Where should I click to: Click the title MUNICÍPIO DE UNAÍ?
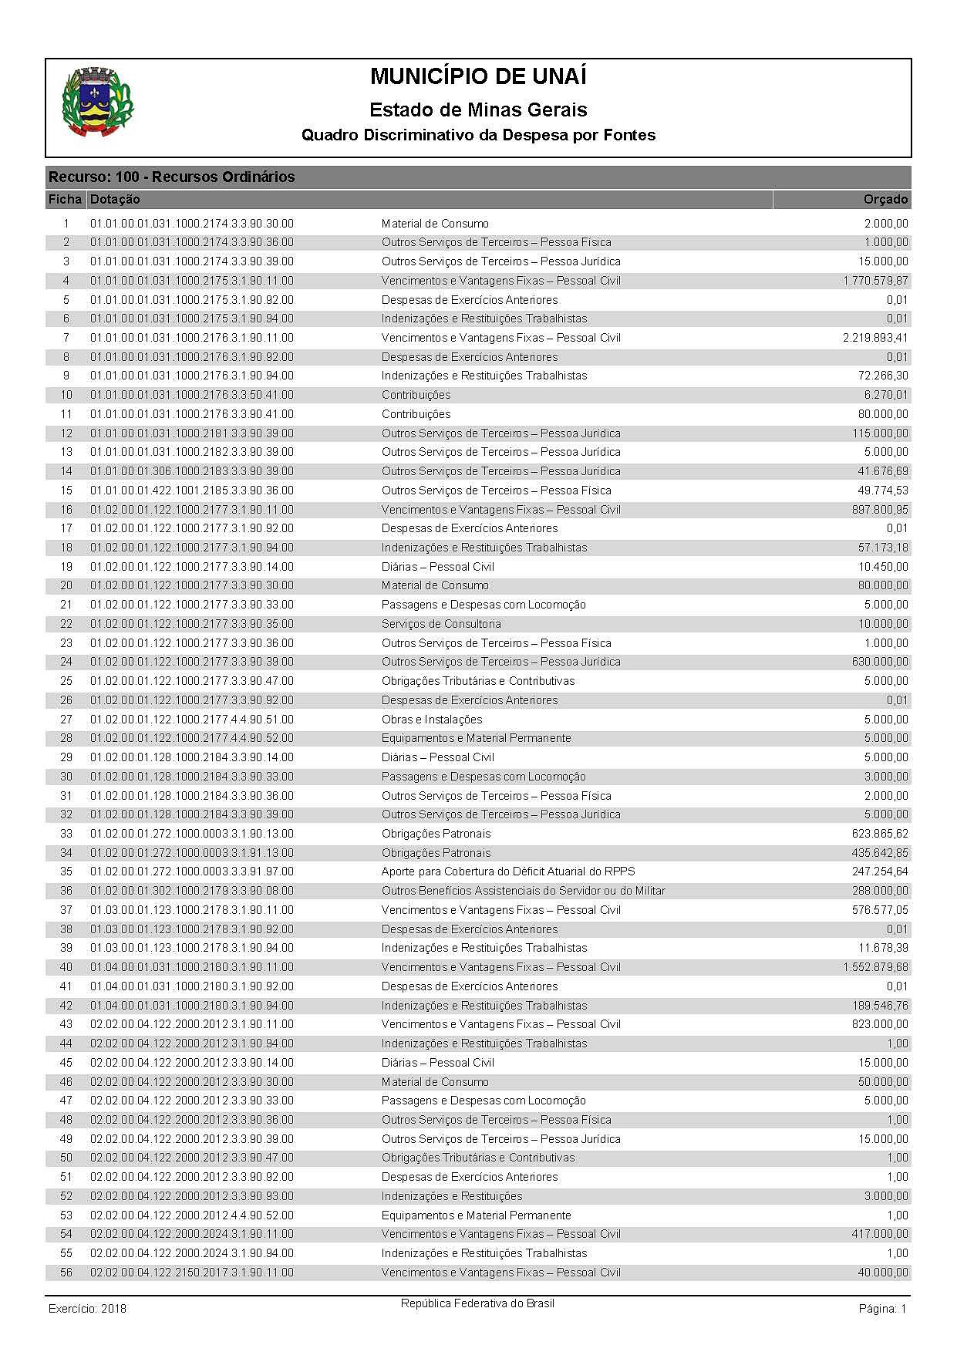click(478, 77)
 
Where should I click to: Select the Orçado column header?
click(885, 200)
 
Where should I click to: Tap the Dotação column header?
click(115, 200)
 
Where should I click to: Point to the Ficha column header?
click(65, 200)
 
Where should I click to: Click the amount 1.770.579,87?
click(875, 281)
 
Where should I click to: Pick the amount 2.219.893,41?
click(875, 338)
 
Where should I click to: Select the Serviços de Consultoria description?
click(441, 624)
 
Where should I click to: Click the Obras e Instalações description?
click(432, 720)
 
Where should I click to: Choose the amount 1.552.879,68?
click(875, 967)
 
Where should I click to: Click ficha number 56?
click(66, 1273)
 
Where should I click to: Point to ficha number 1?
click(66, 224)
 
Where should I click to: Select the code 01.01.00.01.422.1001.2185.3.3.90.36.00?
click(192, 491)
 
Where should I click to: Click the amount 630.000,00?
click(880, 662)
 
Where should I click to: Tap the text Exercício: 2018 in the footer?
click(87, 1309)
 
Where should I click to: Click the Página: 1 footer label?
click(882, 1309)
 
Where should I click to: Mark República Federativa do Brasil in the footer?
click(477, 1303)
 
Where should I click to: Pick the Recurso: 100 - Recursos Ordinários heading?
click(171, 177)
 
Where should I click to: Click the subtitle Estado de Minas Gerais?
click(478, 110)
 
